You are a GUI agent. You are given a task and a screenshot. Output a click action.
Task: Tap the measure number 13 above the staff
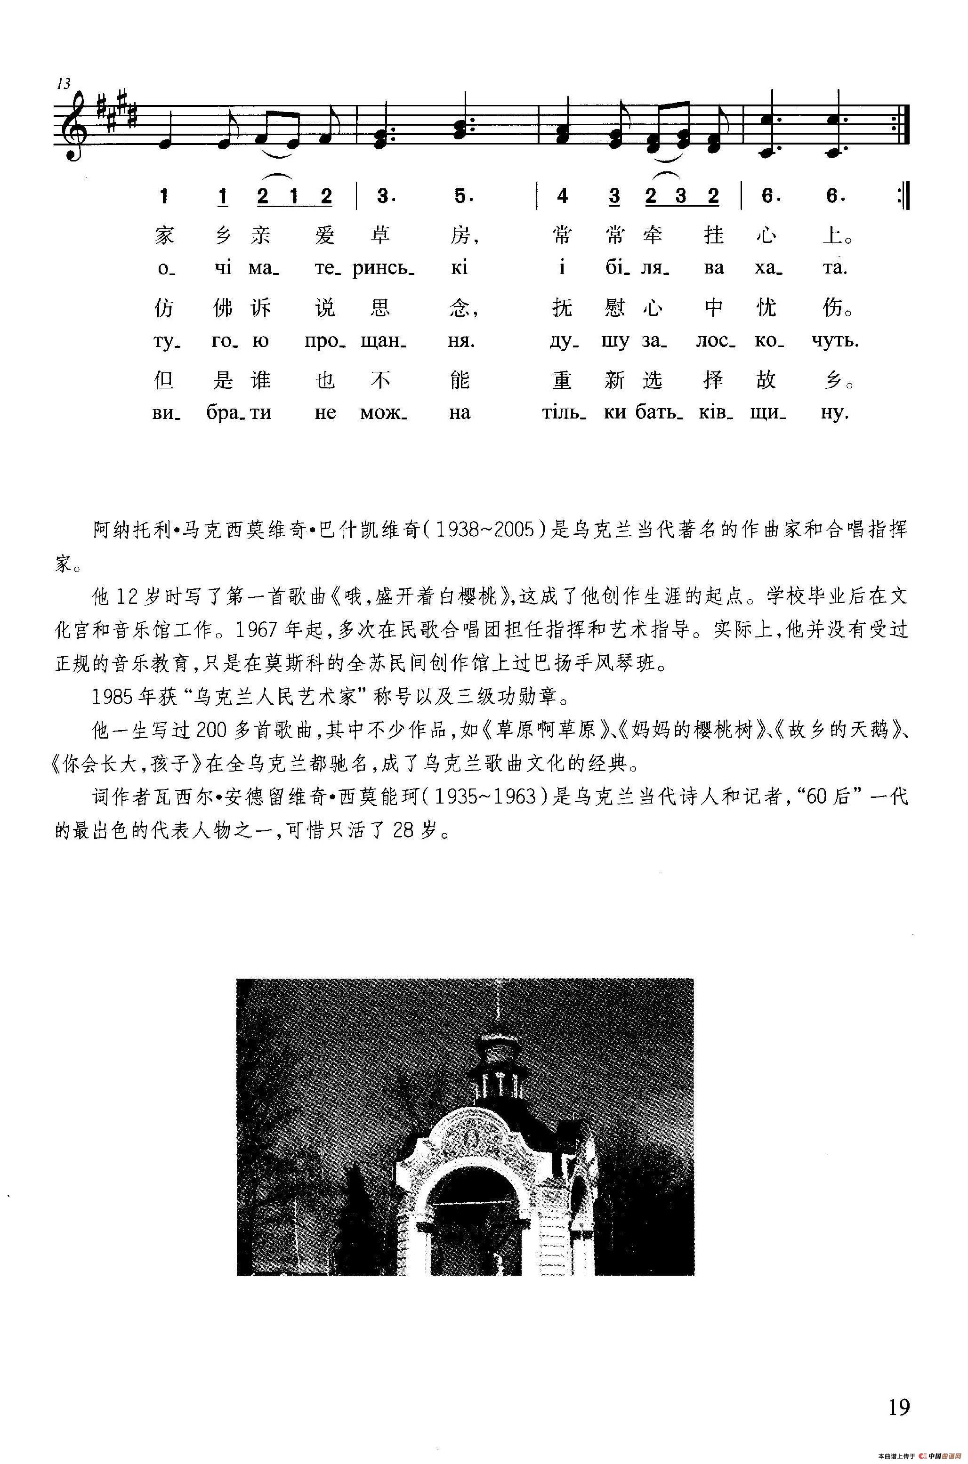click(x=64, y=84)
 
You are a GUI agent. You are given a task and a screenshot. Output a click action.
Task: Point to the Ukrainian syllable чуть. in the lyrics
click(x=836, y=341)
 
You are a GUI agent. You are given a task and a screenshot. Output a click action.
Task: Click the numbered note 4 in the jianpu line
click(x=562, y=196)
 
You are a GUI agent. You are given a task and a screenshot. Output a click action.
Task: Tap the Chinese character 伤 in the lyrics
click(x=833, y=307)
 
